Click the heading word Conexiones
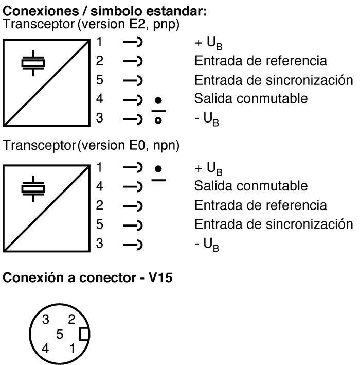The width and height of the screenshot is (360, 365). tap(41, 11)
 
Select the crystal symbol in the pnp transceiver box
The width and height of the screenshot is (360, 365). tap(33, 63)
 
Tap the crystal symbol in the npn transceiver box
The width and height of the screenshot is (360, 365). tap(33, 189)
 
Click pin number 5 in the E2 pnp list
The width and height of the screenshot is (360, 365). tap(100, 80)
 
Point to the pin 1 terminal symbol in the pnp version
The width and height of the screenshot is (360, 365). tap(133, 42)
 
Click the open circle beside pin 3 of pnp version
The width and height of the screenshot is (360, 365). tap(158, 120)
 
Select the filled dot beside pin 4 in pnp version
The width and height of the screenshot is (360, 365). tap(158, 100)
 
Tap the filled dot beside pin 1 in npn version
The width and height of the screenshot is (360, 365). tap(158, 169)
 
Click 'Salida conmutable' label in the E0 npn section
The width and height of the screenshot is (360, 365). tap(251, 186)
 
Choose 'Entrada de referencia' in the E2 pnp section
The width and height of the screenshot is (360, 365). tap(261, 61)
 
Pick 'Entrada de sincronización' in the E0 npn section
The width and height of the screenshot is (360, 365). tap(274, 224)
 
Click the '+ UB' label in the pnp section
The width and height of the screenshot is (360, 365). tap(209, 43)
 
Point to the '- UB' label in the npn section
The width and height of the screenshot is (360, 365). tap(207, 245)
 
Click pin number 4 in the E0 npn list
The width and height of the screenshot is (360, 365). tap(100, 186)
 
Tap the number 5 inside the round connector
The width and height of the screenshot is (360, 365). tap(60, 334)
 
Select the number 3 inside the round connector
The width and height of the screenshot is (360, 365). tap(46, 319)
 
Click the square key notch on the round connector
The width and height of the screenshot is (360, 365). tap(84, 334)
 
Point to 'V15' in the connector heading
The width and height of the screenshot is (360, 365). tap(160, 277)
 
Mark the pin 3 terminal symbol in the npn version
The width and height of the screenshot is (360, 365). tap(133, 245)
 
